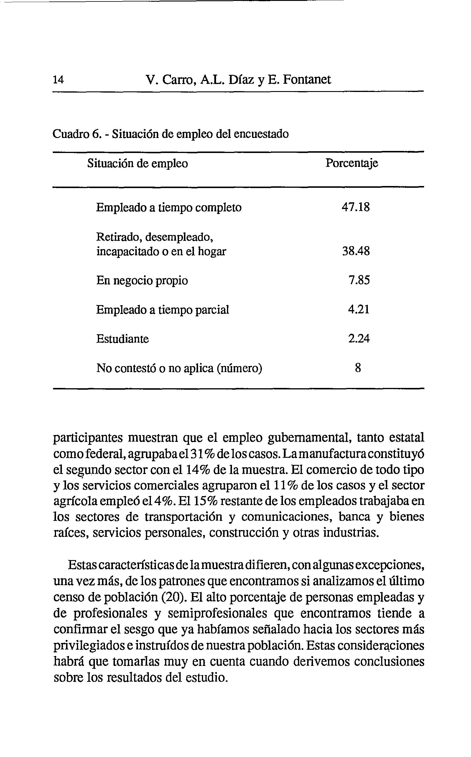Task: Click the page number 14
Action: (x=58, y=80)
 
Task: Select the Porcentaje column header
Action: (x=352, y=163)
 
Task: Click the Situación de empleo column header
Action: (x=137, y=163)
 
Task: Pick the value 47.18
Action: (x=355, y=207)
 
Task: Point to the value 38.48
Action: (x=355, y=251)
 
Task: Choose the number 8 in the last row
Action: (x=358, y=368)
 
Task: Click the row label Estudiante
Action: (x=122, y=339)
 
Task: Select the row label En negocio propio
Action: (x=142, y=281)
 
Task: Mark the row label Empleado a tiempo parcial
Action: (x=162, y=310)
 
